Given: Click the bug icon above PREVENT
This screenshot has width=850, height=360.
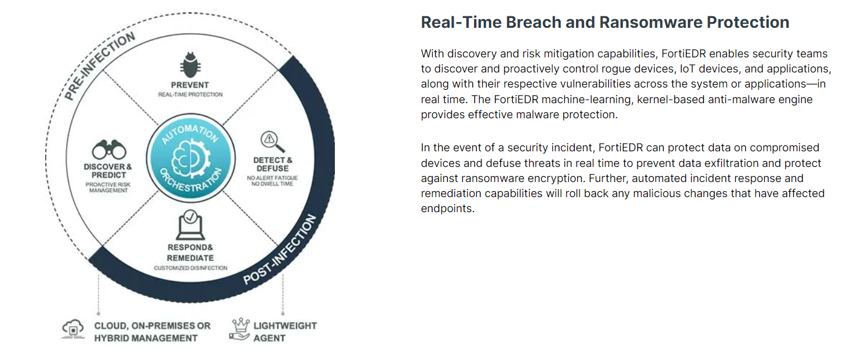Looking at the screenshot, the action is [190, 65].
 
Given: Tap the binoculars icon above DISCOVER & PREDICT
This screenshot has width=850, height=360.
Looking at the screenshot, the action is [109, 150].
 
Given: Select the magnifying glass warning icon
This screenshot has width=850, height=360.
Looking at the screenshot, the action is [272, 141].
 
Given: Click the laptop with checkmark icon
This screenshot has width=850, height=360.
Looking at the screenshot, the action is [191, 225].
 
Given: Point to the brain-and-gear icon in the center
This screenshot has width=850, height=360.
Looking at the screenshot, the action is [191, 158].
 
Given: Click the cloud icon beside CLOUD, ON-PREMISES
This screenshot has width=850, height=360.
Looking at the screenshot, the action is [73, 329].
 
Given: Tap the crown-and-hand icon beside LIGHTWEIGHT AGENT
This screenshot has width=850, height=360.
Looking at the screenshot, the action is [240, 329].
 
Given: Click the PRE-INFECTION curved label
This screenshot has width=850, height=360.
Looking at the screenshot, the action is [100, 66].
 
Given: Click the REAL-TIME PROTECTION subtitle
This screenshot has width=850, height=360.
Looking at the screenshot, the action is [191, 94].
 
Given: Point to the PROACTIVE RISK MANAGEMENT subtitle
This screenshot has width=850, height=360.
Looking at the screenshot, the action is [108, 187].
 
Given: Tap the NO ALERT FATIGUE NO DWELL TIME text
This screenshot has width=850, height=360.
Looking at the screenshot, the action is [272, 181].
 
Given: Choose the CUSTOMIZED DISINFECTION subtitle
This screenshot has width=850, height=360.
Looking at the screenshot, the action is [191, 268].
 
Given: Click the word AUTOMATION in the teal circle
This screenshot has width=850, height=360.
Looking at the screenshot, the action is [190, 133].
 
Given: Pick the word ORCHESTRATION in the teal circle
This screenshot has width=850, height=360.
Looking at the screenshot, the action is [191, 181].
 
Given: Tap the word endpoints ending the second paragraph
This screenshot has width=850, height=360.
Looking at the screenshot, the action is [447, 209].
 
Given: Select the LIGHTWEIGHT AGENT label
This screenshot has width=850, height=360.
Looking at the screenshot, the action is [285, 332].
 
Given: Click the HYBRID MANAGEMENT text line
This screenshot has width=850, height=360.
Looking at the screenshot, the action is [146, 338].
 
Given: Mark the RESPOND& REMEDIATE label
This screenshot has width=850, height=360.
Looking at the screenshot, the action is [190, 253].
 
